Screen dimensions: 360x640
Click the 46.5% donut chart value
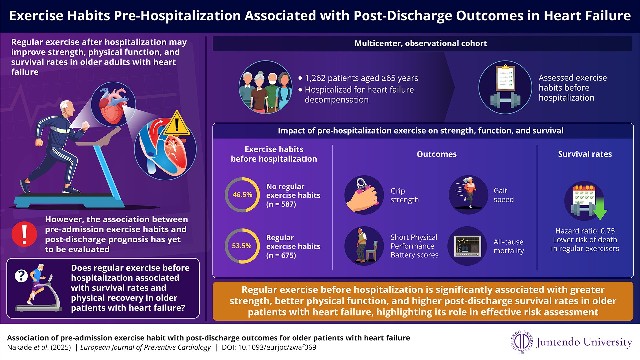[242, 195]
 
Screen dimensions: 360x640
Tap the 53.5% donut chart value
[242, 246]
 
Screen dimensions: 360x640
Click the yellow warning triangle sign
[177, 124]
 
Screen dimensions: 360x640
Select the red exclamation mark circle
[24, 234]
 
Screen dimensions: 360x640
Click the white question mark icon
[21, 276]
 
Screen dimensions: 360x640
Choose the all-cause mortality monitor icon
[468, 246]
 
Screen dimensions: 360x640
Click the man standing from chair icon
[363, 246]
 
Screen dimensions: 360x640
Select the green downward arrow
[600, 210]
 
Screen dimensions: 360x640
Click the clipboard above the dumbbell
[505, 78]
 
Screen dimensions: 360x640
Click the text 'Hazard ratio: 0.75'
[585, 231]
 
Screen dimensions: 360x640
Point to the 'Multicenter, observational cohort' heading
[420, 43]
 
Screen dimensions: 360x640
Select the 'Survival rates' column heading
[585, 154]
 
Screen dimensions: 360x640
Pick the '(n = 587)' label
[281, 204]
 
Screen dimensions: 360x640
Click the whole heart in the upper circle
[113, 105]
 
